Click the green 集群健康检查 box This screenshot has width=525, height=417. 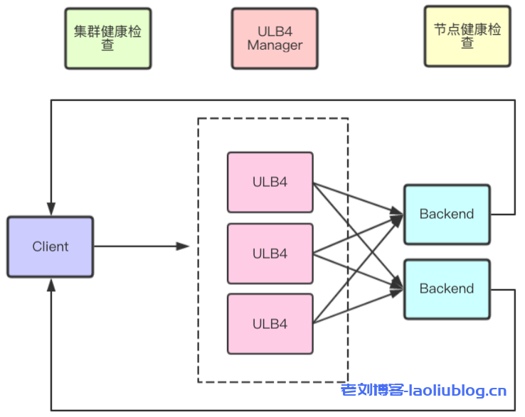tap(108, 38)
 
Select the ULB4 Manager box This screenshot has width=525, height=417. tap(275, 38)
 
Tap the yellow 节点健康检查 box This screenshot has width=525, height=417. tap(467, 36)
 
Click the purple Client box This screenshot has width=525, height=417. tap(51, 247)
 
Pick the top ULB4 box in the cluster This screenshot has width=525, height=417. tap(270, 182)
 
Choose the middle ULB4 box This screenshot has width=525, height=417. tap(270, 254)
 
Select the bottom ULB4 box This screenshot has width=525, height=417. tap(270, 324)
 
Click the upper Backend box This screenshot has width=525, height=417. tap(447, 214)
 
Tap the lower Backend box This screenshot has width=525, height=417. tap(447, 288)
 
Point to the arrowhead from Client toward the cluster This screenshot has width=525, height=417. tap(183, 247)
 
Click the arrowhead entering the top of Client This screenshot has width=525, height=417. tap(51, 210)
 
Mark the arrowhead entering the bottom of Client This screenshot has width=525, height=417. tap(51, 283)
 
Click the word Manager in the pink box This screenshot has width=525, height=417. tap(275, 45)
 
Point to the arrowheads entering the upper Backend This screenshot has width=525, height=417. tap(397, 214)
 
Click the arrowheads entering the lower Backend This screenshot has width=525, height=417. tap(397, 288)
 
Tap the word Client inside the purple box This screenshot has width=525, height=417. tap(51, 247)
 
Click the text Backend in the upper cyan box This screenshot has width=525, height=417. tap(447, 214)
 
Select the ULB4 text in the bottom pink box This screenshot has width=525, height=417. tap(270, 324)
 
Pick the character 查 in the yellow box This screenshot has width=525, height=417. tap(467, 43)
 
